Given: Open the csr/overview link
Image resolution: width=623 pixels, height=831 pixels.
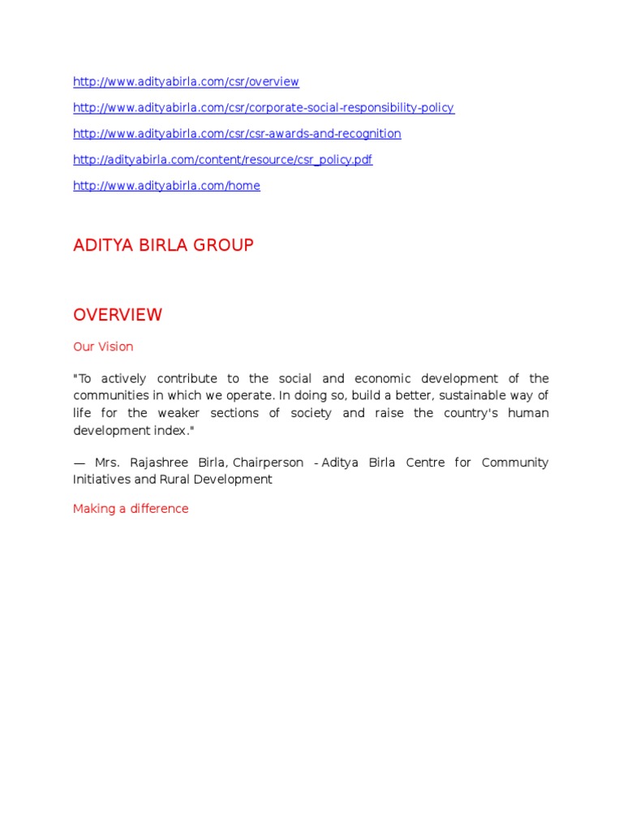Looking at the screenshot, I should pyautogui.click(x=186, y=82).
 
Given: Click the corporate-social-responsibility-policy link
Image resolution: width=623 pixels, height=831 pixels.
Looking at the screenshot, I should pyautogui.click(x=264, y=108).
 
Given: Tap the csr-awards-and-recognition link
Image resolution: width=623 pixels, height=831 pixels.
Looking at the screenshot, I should pyautogui.click(x=237, y=134).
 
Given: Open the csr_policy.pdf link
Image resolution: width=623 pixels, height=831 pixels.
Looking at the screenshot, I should pyautogui.click(x=222, y=160).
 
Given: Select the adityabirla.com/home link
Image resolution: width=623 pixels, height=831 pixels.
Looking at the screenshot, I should pyautogui.click(x=166, y=186).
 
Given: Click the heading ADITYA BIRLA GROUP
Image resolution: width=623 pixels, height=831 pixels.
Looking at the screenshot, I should pyautogui.click(x=163, y=245).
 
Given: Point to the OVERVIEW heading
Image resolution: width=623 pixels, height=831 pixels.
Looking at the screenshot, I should pyautogui.click(x=118, y=315).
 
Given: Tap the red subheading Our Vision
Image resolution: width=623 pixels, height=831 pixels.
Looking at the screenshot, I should pyautogui.click(x=103, y=347).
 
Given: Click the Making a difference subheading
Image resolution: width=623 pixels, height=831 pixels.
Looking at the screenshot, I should pyautogui.click(x=131, y=509).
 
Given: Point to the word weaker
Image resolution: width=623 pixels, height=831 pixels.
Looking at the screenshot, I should pyautogui.click(x=183, y=413).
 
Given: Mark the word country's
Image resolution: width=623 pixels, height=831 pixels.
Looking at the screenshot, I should pyautogui.click(x=452, y=413).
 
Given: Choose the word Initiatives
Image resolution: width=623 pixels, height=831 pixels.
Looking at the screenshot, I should pyautogui.click(x=101, y=480).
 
